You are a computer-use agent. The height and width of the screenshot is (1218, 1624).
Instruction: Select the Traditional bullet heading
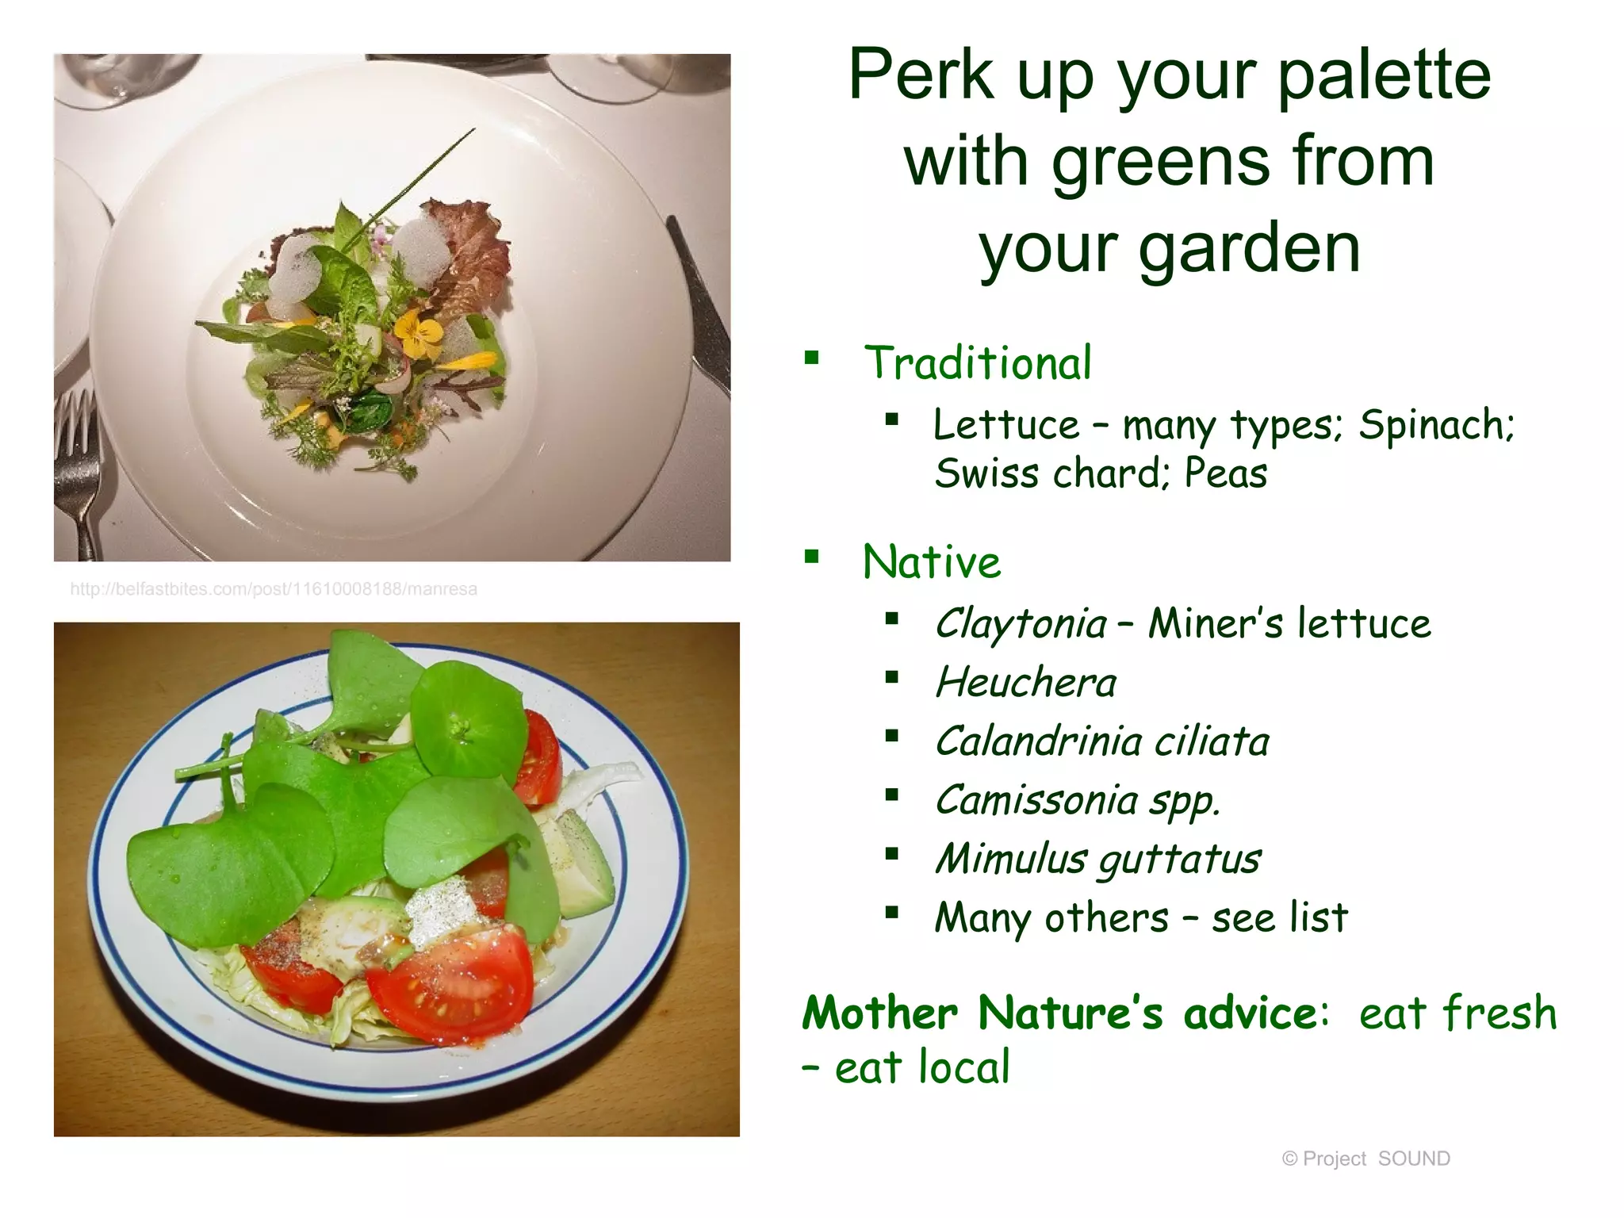(x=977, y=363)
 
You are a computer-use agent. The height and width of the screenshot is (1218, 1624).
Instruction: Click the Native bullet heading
(x=931, y=562)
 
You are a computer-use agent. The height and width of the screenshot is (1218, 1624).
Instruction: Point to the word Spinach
(x=1435, y=424)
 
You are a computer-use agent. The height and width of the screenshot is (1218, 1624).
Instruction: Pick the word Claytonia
(x=1020, y=623)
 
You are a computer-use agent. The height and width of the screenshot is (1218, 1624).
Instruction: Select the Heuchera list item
(x=1025, y=683)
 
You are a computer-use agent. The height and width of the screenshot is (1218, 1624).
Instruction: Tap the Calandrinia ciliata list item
(x=1102, y=741)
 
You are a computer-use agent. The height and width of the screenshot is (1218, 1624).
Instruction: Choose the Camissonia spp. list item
(x=1077, y=800)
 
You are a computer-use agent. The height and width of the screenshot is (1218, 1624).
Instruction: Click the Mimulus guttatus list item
(x=1097, y=859)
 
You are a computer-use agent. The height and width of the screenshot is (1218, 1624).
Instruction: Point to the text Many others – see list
(x=1140, y=917)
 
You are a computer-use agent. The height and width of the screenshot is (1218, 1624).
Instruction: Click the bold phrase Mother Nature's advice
(x=1059, y=1013)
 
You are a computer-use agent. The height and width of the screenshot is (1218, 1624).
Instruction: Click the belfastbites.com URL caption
(x=274, y=589)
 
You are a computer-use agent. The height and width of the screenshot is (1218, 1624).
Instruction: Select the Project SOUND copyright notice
(x=1365, y=1159)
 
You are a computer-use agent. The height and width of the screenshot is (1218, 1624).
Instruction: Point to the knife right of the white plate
(x=702, y=309)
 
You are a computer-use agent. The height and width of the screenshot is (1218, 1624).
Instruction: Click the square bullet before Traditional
(x=811, y=358)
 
